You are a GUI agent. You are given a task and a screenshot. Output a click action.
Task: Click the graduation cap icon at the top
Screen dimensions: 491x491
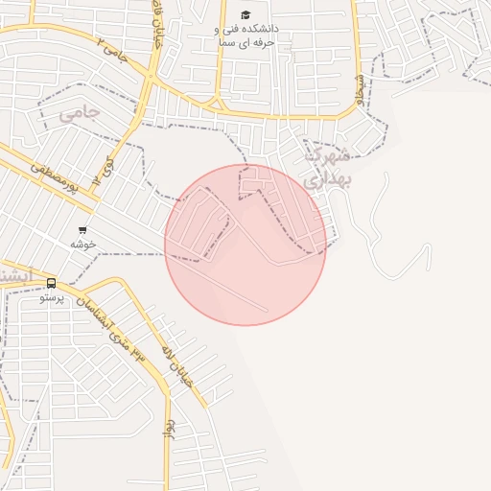click(245, 14)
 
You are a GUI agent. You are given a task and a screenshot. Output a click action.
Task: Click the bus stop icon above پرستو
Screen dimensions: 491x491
click(51, 283)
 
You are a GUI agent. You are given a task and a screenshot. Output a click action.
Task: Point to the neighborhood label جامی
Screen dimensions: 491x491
click(79, 114)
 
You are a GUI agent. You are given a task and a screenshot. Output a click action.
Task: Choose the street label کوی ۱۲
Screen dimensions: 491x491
click(102, 172)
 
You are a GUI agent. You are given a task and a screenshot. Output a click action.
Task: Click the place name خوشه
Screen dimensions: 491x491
click(82, 245)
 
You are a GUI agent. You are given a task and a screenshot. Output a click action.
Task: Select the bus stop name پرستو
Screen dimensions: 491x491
click(51, 298)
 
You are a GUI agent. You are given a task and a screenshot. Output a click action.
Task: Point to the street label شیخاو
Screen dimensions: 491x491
click(358, 88)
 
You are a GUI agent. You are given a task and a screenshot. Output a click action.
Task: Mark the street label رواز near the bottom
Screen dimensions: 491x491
click(169, 428)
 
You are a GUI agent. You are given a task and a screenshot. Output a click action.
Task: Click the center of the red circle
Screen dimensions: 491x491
click(245, 245)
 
